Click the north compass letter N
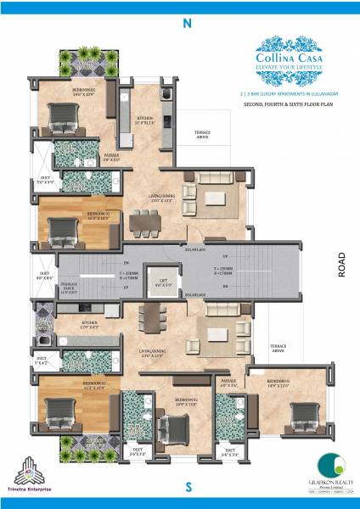pos(186,24)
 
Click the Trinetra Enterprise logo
pos(36,475)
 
